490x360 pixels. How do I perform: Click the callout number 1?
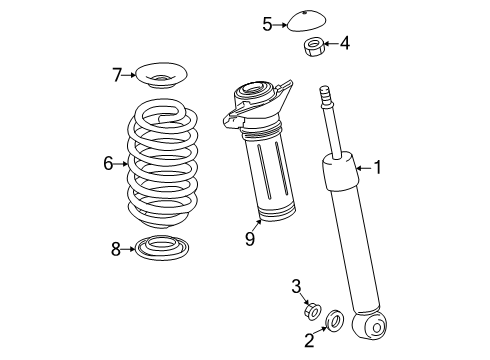pyautogui.click(x=378, y=168)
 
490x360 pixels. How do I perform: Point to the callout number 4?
pyautogui.click(x=345, y=43)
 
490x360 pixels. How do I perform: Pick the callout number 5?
pyautogui.click(x=267, y=22)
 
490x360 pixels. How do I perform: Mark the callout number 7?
pyautogui.click(x=117, y=73)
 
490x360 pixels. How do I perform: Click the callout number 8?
pyautogui.click(x=117, y=249)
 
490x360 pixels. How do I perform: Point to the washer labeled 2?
pyautogui.click(x=336, y=321)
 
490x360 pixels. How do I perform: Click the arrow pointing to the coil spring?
pyautogui.click(x=125, y=161)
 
